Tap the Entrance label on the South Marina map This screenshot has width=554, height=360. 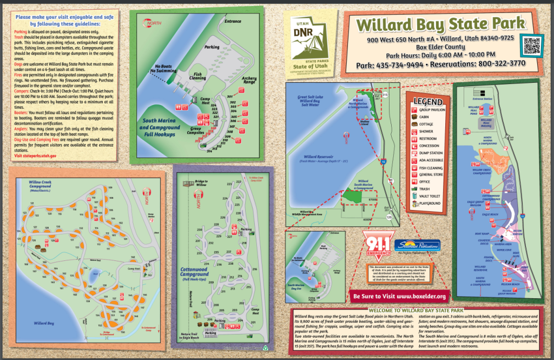[x=233, y=22]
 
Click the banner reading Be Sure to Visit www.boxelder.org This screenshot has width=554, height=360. [x=400, y=296]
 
